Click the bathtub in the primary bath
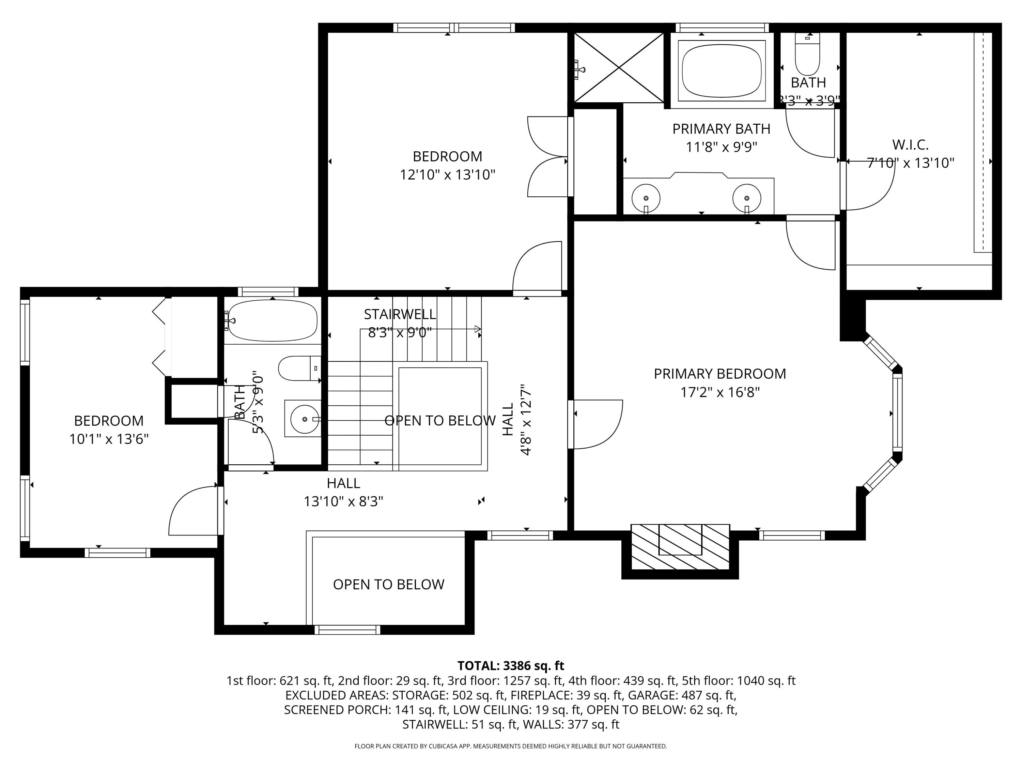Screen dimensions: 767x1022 coord(721,70)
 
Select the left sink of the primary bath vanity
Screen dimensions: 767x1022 coord(646,198)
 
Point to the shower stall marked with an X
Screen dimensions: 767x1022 coord(619,67)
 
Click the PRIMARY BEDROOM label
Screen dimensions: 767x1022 coord(719,374)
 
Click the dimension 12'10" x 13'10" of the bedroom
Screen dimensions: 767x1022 coord(447,175)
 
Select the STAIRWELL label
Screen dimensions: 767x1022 coord(400,314)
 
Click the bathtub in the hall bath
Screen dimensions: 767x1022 coord(273,321)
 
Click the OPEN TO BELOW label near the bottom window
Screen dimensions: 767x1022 coord(389,584)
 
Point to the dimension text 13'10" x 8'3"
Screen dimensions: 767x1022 coord(343,502)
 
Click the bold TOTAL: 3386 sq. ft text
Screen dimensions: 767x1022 coord(511,666)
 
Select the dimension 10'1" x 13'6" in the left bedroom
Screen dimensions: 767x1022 coord(109,439)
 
